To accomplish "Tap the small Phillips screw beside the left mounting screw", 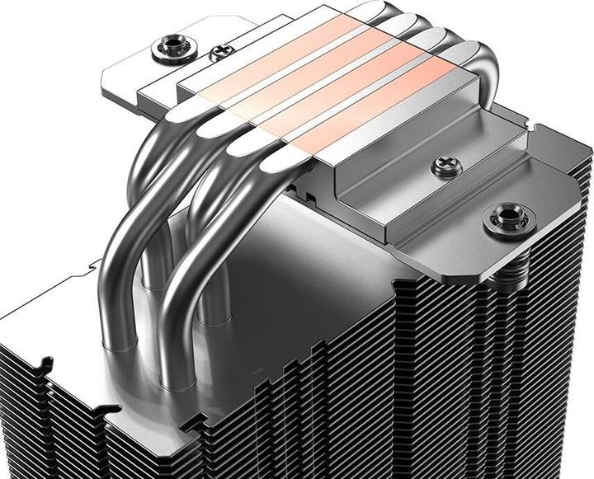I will pyautogui.click(x=219, y=55).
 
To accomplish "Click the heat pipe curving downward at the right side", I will pyautogui.click(x=486, y=74).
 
